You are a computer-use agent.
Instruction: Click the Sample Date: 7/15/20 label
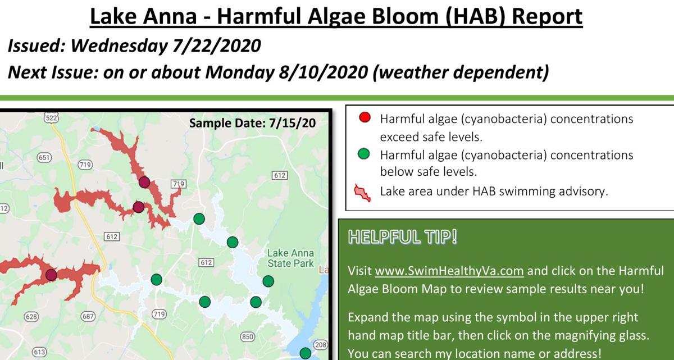252,123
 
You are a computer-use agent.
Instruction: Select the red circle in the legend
364,119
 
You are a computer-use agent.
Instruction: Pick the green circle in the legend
364,154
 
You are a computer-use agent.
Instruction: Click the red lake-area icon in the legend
363,192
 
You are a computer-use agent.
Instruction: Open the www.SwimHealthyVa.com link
449,271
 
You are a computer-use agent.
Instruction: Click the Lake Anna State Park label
290,258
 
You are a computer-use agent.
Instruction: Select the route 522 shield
51,118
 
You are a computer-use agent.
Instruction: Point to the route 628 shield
31,317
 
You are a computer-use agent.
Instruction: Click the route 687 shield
89,317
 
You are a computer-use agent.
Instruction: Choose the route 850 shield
247,337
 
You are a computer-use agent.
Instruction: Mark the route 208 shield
320,344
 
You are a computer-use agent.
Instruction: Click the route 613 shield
39,352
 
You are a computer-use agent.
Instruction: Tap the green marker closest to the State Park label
268,281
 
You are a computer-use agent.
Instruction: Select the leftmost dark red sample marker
51,275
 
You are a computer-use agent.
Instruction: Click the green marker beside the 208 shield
305,353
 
